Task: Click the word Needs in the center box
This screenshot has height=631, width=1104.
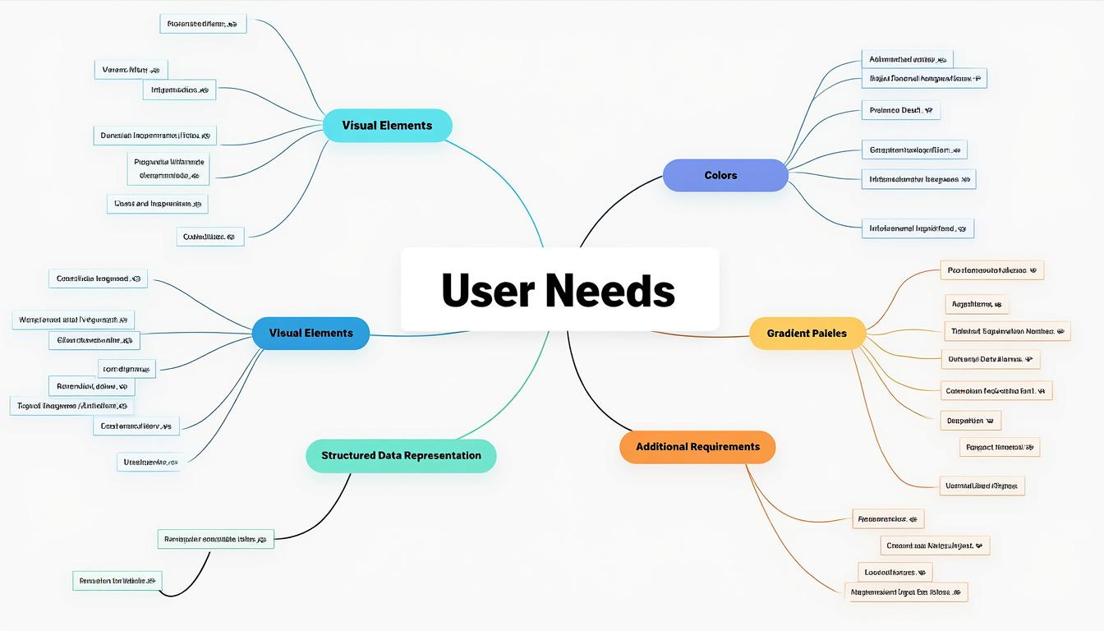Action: coord(609,291)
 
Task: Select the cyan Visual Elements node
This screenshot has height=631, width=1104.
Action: coord(387,126)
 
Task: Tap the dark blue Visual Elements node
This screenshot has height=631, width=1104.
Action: coord(310,333)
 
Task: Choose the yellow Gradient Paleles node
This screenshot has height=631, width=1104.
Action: coord(808,334)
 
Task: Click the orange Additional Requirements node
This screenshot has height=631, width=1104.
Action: coord(697,447)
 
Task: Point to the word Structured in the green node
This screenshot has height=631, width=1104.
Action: coord(348,456)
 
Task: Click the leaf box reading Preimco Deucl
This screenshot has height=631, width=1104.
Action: coord(900,110)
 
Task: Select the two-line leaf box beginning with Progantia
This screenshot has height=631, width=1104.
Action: coord(170,168)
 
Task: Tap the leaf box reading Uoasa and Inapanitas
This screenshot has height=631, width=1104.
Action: coord(157,203)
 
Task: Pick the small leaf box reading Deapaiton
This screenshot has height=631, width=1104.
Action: coord(969,421)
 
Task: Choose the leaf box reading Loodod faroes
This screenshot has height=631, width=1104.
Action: coord(894,572)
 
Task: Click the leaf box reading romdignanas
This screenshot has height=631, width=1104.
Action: coord(126,369)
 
